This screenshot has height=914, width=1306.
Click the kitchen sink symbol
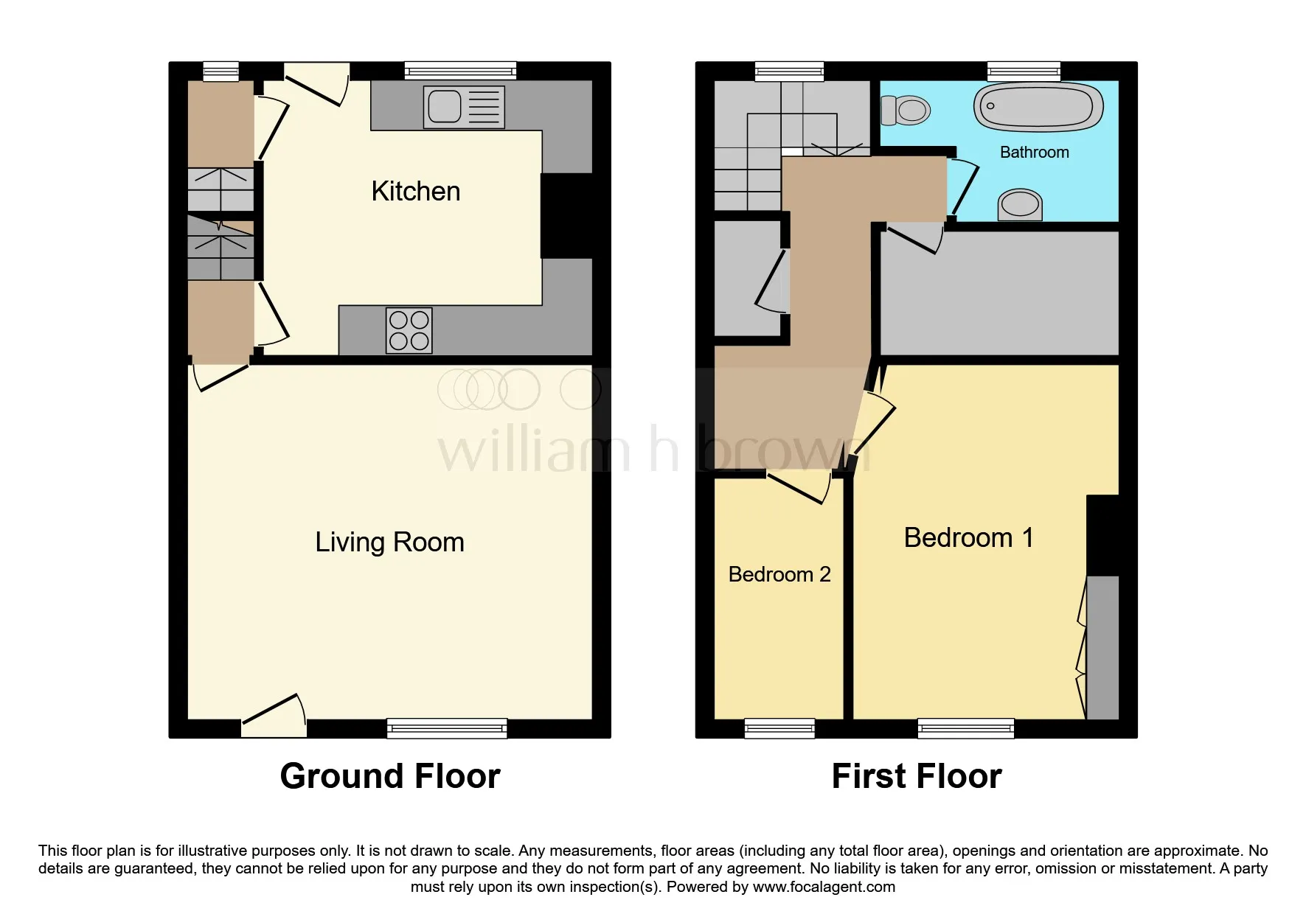tap(464, 107)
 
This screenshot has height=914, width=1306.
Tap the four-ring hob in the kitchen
tap(409, 330)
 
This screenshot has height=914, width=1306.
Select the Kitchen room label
tap(415, 192)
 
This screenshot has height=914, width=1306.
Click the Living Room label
tap(389, 543)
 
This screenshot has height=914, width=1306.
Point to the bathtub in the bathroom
tap(1038, 108)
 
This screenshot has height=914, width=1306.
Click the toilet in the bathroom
tap(906, 111)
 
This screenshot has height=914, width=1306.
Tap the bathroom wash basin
tap(1020, 204)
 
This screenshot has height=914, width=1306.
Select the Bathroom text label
tap(1034, 153)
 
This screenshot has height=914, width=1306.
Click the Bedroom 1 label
tap(968, 538)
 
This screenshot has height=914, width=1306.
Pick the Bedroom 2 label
tap(779, 575)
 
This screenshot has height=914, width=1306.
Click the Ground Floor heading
tap(390, 776)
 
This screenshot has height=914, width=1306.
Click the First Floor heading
tap(916, 776)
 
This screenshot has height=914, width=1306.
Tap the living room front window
tap(447, 728)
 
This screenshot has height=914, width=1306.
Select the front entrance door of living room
tap(274, 719)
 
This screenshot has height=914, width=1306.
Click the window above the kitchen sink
tap(460, 71)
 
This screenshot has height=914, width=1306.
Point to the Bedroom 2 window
tap(779, 728)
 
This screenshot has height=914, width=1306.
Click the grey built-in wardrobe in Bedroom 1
tap(1103, 647)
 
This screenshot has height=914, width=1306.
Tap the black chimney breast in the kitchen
tap(566, 215)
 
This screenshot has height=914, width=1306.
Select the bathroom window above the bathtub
tap(1024, 71)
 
